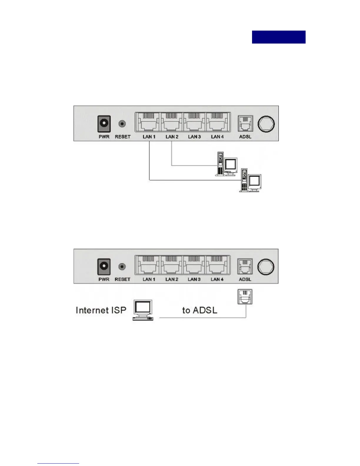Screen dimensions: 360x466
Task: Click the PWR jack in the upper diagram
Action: [104, 124]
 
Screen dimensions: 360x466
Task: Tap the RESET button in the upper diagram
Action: [122, 124]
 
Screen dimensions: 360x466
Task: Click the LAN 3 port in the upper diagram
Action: [194, 122]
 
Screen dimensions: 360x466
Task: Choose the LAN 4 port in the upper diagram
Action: [217, 122]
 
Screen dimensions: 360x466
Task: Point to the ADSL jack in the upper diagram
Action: [245, 123]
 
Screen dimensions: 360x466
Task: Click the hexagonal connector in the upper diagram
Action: [266, 124]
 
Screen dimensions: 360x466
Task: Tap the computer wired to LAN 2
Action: [226, 164]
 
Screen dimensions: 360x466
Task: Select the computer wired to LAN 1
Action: [250, 180]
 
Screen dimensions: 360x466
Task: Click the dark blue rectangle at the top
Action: [279, 37]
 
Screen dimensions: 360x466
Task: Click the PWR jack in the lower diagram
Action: [104, 267]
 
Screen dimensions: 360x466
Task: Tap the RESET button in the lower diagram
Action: [122, 267]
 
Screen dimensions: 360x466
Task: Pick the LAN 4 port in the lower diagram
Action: [217, 265]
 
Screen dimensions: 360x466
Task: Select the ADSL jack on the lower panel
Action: [245, 267]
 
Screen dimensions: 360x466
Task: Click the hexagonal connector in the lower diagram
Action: [266, 267]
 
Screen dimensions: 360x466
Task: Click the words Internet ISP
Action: [101, 310]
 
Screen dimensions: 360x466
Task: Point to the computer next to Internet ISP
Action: [143, 310]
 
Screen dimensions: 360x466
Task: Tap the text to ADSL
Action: [200, 310]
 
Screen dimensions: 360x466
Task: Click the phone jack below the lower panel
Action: [245, 297]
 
